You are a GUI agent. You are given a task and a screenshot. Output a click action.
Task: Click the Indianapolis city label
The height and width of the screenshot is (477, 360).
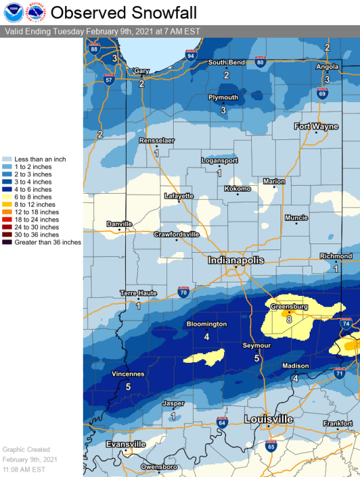(x=236, y=261)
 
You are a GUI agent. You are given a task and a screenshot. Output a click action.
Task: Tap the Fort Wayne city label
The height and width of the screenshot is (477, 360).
(x=316, y=126)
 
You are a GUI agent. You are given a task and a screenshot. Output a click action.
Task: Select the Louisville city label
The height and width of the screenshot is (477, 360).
(x=269, y=420)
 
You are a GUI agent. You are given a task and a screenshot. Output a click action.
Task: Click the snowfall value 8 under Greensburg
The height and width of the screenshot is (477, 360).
(x=289, y=319)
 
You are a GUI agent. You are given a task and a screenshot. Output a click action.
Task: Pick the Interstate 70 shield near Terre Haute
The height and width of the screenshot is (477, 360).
(x=184, y=291)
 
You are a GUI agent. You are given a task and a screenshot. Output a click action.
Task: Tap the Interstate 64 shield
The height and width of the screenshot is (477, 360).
(x=222, y=423)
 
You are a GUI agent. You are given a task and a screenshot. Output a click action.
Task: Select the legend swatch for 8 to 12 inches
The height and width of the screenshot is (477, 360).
(x=9, y=205)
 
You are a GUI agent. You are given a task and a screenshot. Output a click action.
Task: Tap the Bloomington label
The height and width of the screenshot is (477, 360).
(x=206, y=324)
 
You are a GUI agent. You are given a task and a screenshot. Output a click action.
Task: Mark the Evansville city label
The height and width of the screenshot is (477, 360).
(x=126, y=444)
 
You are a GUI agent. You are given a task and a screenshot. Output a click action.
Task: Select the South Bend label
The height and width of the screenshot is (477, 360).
(x=227, y=62)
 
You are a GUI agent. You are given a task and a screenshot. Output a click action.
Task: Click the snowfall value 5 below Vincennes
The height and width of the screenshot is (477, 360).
(x=127, y=385)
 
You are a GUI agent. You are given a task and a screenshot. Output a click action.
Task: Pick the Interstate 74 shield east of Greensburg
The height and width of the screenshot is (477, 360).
(x=345, y=323)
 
